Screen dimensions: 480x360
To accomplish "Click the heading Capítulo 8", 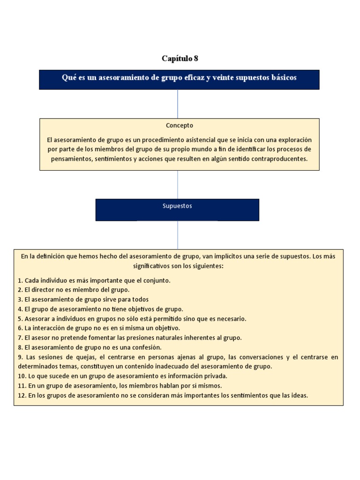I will click(x=180, y=59).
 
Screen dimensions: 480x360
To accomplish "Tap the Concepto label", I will click(x=180, y=126).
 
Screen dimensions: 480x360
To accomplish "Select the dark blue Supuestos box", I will click(x=177, y=209).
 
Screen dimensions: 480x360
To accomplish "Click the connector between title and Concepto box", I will click(x=178, y=104).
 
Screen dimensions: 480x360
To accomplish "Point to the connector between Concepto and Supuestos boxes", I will click(x=178, y=184).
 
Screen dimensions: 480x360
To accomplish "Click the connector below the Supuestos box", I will click(x=178, y=235).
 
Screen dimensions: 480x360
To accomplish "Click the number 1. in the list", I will click(x=20, y=280).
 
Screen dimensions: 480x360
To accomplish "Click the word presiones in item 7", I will click(x=137, y=337).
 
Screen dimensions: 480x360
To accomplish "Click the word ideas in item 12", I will click(x=297, y=395).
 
